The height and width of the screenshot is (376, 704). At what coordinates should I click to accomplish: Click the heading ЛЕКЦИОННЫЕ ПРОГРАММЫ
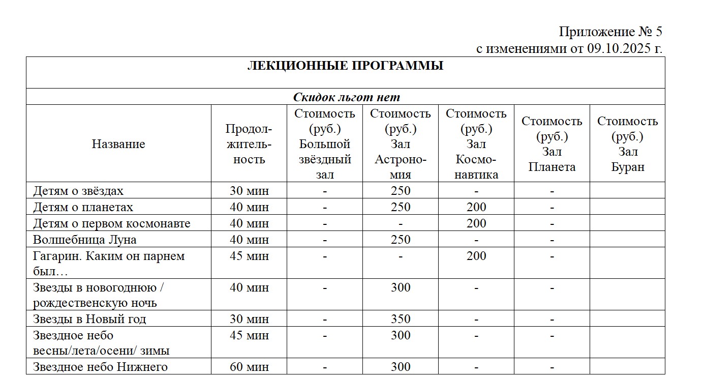[x=345, y=66]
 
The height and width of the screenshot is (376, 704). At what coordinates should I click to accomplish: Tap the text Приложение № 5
[x=610, y=32]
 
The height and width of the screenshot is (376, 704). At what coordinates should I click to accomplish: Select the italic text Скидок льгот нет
[x=346, y=97]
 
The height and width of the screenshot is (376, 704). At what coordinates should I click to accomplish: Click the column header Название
[x=118, y=144]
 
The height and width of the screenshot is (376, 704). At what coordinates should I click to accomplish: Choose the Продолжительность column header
[x=249, y=144]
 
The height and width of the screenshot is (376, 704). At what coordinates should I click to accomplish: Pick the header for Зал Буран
[x=627, y=144]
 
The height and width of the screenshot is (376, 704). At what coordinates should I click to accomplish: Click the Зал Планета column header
[x=552, y=144]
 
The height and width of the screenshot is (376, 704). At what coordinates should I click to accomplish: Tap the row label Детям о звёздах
[x=78, y=191]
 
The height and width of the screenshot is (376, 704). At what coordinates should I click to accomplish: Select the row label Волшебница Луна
[x=85, y=240]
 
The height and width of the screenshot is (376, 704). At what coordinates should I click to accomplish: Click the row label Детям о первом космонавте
[x=112, y=223]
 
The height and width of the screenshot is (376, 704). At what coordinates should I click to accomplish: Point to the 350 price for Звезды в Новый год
[x=401, y=319]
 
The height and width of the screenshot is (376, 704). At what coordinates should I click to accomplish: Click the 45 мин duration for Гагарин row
[x=249, y=256]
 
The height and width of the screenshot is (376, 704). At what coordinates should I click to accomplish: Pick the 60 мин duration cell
[x=249, y=367]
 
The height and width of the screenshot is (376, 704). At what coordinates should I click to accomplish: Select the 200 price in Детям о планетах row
[x=476, y=207]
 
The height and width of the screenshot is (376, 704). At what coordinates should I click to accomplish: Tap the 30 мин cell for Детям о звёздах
[x=249, y=191]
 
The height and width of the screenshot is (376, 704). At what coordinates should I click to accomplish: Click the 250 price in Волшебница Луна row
[x=401, y=240]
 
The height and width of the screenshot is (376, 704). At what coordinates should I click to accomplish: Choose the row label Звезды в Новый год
[x=89, y=319]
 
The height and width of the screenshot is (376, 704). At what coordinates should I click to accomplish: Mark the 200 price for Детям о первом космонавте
[x=476, y=223]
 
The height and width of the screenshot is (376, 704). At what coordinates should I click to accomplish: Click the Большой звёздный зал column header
[x=325, y=144]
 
